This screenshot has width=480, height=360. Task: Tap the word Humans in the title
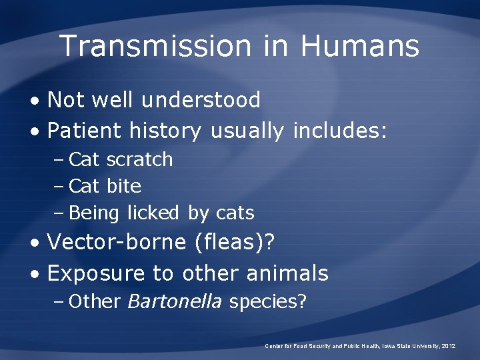(x=359, y=46)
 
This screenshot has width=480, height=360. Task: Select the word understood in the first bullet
(x=201, y=100)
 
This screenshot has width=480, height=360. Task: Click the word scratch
(x=139, y=160)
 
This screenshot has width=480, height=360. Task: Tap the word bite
(x=124, y=187)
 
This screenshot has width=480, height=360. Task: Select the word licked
(x=153, y=213)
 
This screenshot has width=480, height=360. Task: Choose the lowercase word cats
(x=235, y=213)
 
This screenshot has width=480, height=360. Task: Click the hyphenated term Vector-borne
(x=117, y=242)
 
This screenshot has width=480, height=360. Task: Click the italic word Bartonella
(x=174, y=302)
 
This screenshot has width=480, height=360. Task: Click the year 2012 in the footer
(x=448, y=346)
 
